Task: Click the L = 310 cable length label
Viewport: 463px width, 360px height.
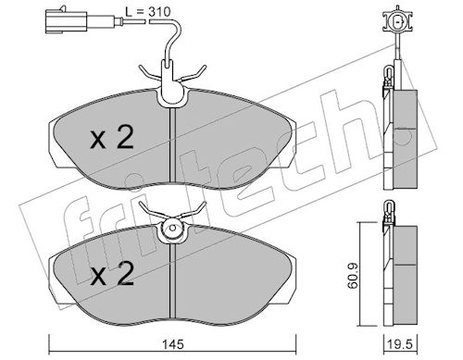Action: (148, 12)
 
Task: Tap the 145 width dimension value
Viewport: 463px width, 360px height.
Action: (174, 344)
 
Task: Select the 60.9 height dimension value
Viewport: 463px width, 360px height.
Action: (352, 276)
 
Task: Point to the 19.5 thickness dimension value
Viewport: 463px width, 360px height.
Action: (401, 344)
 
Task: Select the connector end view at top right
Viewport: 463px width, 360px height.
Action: (396, 21)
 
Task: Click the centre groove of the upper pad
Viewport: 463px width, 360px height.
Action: (173, 144)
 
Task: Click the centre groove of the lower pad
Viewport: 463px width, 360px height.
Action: (173, 280)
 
